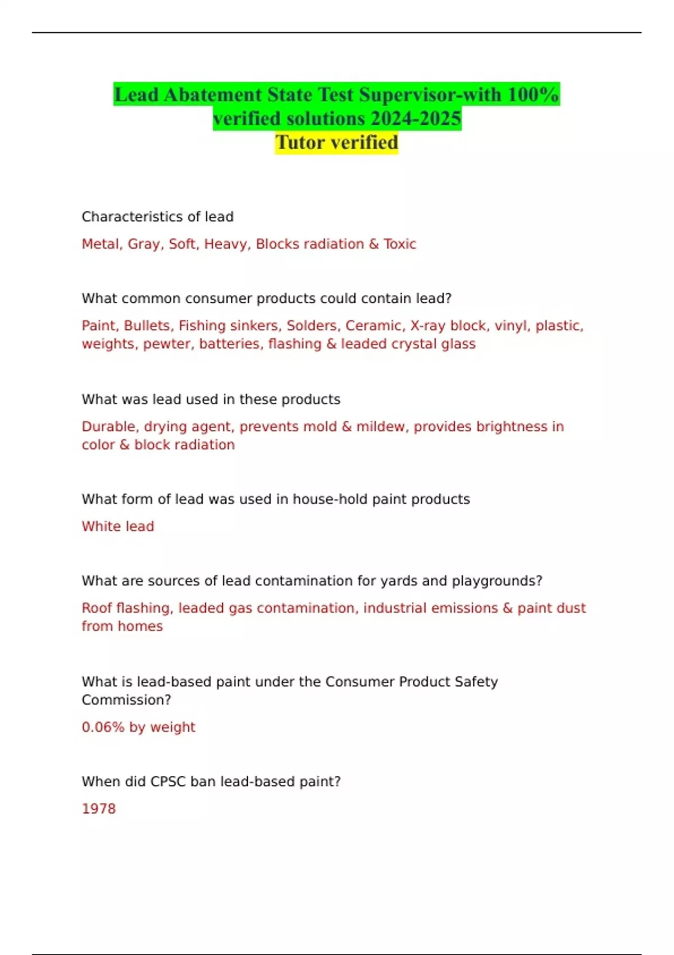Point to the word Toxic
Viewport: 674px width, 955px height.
pos(400,244)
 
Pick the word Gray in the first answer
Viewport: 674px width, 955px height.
pos(144,244)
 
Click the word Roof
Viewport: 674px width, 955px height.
pos(97,608)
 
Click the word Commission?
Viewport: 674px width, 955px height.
pos(126,700)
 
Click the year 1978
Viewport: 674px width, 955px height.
pos(99,809)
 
